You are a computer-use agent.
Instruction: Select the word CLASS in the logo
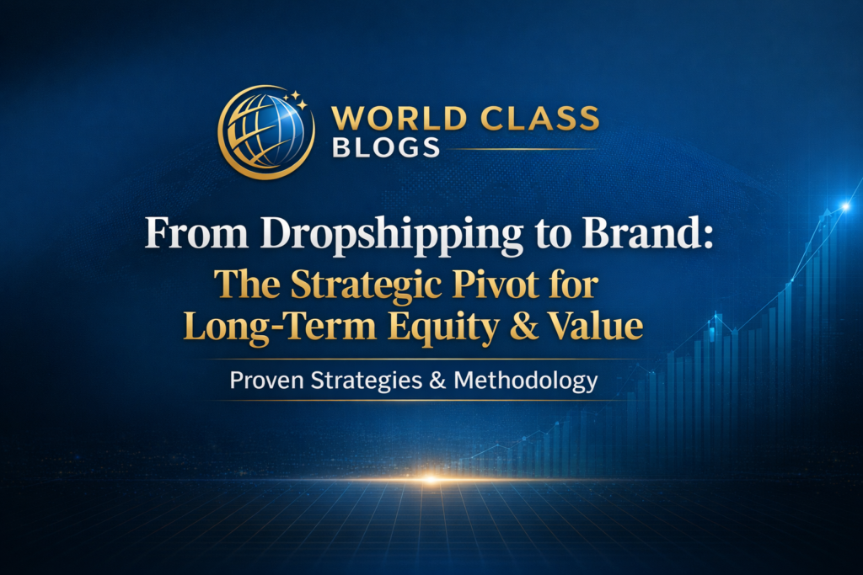coord(532,118)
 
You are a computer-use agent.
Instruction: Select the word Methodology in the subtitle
coord(526,381)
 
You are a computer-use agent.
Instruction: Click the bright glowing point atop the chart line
coord(844,205)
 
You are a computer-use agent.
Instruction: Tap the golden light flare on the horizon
coord(431,480)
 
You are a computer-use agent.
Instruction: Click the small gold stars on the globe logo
coord(297,100)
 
